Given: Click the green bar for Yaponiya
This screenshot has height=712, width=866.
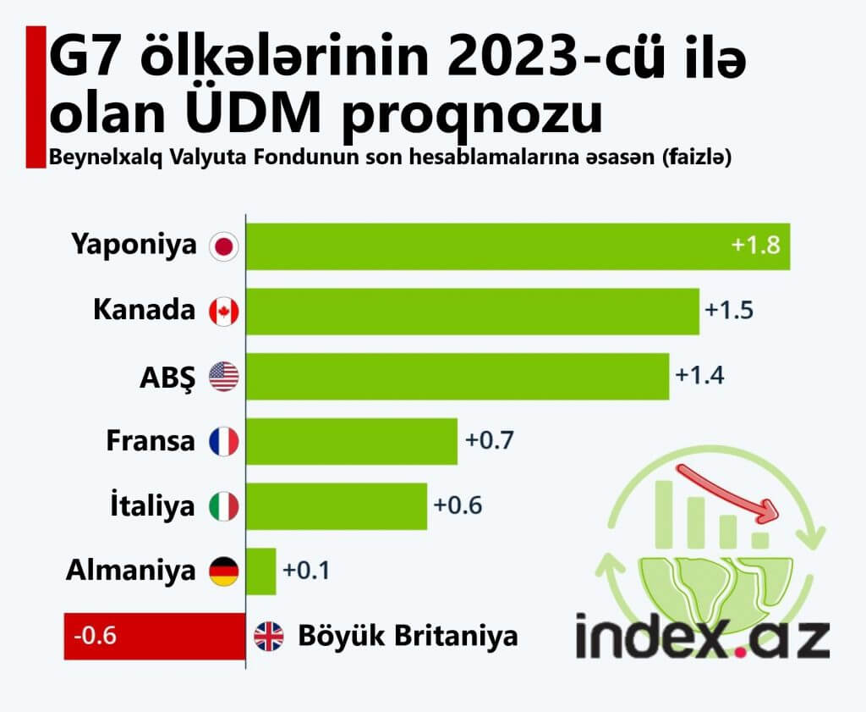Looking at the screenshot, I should pos(518,246).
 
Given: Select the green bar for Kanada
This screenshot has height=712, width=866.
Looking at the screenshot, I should pos(473,312).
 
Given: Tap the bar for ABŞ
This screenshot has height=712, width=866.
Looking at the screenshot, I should pos(458,376).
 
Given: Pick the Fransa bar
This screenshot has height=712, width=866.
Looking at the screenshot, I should pos(352,441).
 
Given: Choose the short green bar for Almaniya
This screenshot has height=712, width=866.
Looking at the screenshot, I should pos(261,571).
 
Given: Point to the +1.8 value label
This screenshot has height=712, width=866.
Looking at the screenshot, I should pos(756,246).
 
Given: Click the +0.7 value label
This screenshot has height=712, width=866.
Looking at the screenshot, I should pos(490,441).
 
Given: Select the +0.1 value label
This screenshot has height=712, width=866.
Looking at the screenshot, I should pos(305,571).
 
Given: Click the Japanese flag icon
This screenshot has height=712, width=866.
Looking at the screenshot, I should pos(224,246).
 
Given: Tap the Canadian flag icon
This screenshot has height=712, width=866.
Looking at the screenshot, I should pos(224,312).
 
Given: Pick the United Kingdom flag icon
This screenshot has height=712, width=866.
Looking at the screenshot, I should pos(269,637).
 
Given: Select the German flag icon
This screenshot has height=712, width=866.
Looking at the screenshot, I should pos(224,571).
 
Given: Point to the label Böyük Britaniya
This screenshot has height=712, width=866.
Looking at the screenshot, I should pos(408,636).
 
